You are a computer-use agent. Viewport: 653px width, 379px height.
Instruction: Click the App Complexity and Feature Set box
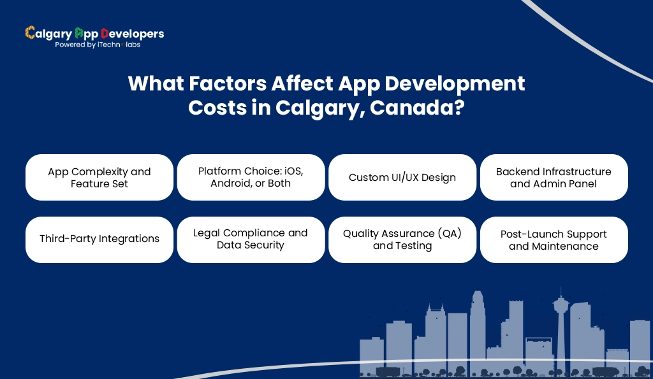[99, 178]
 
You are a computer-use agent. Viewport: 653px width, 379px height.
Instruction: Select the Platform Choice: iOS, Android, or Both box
[251, 177]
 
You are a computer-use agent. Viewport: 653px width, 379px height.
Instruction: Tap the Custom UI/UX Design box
[402, 177]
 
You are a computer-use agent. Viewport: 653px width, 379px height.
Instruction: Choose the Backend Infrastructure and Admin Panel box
[554, 178]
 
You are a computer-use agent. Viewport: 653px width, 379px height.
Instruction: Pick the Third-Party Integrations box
[99, 239]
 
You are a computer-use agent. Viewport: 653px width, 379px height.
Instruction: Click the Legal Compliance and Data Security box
[251, 239]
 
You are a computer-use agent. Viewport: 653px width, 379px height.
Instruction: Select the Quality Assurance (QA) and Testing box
[402, 240]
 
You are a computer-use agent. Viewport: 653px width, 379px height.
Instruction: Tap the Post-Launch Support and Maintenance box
[554, 240]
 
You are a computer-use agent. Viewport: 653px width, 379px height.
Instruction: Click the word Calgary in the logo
[48, 34]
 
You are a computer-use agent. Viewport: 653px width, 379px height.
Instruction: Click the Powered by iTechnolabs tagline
[98, 45]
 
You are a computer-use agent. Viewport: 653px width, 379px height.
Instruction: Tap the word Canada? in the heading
[417, 108]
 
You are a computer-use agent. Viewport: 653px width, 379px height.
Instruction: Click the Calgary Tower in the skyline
[561, 318]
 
